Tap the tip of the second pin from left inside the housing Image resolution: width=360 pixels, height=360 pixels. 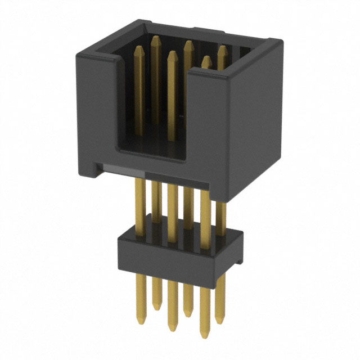154,38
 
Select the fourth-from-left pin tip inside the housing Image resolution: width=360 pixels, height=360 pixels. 188,43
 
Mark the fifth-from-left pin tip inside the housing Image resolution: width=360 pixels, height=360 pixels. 206,58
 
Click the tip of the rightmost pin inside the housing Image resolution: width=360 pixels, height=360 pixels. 222,48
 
